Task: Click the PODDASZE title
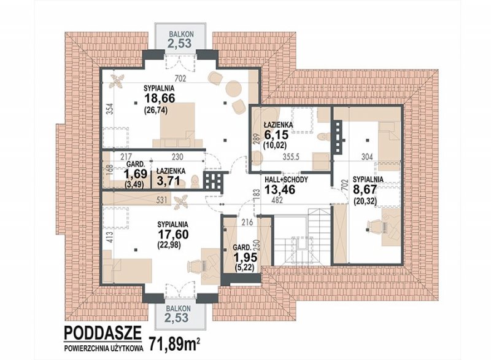tap(102, 333)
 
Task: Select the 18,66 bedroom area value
tap(160, 98)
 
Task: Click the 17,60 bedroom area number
tap(172, 234)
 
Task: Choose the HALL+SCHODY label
tap(286, 180)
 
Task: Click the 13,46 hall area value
tap(280, 190)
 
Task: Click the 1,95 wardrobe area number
tap(245, 257)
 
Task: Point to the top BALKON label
tap(181, 34)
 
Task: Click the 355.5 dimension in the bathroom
tap(291, 157)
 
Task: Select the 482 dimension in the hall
tap(278, 200)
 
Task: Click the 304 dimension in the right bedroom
tap(366, 157)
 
